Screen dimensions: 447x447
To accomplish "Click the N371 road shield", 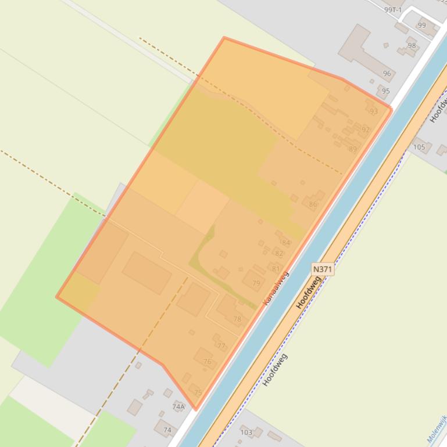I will pyautogui.click(x=323, y=269).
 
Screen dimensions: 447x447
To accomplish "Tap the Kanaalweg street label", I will pyautogui.click(x=276, y=288).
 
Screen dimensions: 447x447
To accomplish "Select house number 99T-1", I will pyautogui.click(x=393, y=10).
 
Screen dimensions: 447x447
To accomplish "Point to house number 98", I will pyautogui.click(x=412, y=46).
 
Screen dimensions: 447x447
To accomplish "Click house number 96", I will pyautogui.click(x=387, y=74).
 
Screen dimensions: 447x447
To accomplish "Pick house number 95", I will pyautogui.click(x=386, y=91).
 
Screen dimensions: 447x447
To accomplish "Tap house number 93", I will pyautogui.click(x=373, y=111).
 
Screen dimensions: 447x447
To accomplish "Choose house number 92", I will pyautogui.click(x=365, y=130).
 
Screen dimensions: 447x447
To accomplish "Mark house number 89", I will pyautogui.click(x=353, y=149).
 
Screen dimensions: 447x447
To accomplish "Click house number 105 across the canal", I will pyautogui.click(x=419, y=147).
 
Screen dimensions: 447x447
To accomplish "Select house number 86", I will pyautogui.click(x=313, y=204).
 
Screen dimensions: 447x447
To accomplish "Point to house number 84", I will pyautogui.click(x=285, y=243).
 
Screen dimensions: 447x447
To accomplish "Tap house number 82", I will pyautogui.click(x=279, y=254).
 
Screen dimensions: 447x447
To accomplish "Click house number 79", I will pyautogui.click(x=256, y=283).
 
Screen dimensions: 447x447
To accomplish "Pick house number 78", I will pyautogui.click(x=237, y=319).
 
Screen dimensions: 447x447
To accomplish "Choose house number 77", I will pyautogui.click(x=221, y=347).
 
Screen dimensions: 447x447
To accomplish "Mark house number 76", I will pyautogui.click(x=208, y=362).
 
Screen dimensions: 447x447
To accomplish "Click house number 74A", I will pyautogui.click(x=178, y=407).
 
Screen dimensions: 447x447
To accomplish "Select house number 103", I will pyautogui.click(x=246, y=432).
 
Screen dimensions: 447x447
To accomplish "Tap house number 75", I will pyautogui.click(x=198, y=393).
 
